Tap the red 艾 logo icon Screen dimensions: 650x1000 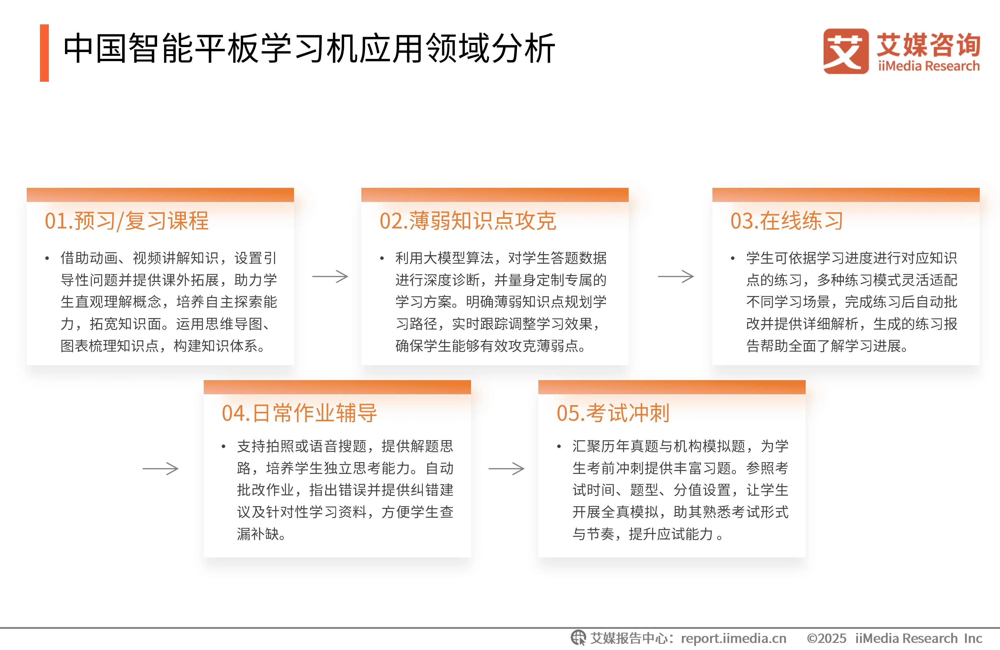click(845, 51)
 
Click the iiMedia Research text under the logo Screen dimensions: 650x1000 click(929, 66)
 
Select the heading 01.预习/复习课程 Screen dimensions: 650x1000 click(126, 221)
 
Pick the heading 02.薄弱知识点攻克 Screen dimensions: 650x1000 click(468, 221)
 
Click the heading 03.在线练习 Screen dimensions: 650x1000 click(787, 221)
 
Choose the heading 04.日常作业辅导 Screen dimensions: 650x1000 click(299, 413)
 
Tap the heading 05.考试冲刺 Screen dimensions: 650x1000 click(612, 413)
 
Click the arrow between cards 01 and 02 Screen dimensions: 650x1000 click(330, 276)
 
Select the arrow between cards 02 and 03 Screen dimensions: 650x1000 click(676, 276)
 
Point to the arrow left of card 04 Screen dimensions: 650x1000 click(161, 469)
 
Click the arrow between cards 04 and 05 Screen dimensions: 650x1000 click(506, 469)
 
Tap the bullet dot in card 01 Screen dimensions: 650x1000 click(47, 258)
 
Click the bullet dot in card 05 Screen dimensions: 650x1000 click(559, 447)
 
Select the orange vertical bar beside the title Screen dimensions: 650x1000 click(44, 53)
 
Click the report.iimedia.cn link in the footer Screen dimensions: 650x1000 click(733, 638)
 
